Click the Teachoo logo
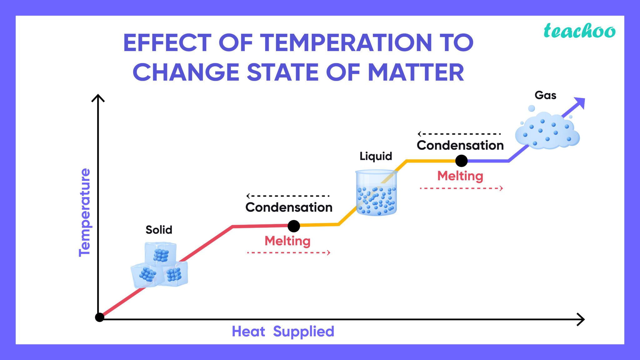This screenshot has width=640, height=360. pos(579,31)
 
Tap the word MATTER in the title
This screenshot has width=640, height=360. pos(416,72)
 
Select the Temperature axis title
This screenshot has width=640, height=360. pos(85,212)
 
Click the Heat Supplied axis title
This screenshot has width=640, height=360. pos(283,332)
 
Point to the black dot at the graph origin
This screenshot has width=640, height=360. pos(99,317)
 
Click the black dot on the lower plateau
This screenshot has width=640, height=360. pos(294,226)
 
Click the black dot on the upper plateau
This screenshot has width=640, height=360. pos(461,161)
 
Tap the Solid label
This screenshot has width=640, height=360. pos(159,230)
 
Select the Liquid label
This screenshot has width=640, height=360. pos(376,156)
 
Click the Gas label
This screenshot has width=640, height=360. pos(545,95)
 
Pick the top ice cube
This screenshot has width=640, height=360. pos(161,254)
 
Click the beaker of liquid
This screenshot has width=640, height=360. pos(376,193)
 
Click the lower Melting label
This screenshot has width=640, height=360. pos(287,241)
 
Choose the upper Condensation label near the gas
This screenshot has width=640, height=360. pos(460,146)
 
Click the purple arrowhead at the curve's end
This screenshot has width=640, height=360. pos(580,103)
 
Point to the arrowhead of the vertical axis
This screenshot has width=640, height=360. pos(98,98)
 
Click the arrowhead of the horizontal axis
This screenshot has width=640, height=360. pos(581,319)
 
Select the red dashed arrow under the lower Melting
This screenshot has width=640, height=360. pos(288,252)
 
